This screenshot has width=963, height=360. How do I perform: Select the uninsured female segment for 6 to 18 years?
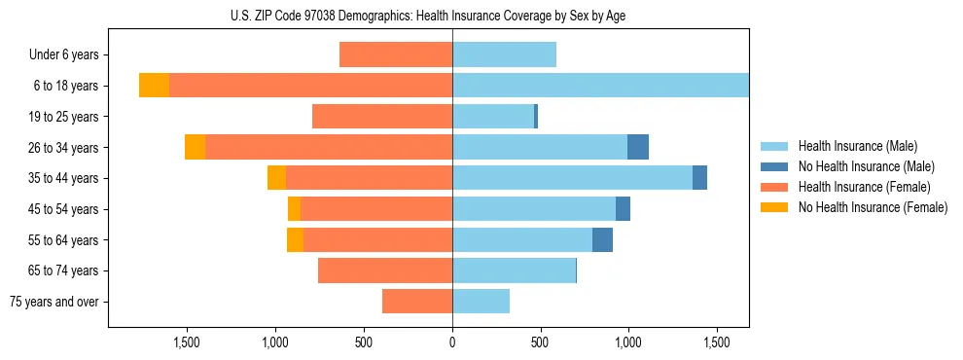[154, 86]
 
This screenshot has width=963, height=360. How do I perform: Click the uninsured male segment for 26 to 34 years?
[638, 147]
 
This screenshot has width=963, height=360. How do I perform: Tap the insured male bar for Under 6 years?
[504, 54]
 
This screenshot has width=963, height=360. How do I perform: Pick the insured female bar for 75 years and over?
[417, 302]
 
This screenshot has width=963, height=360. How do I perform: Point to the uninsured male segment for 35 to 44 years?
[699, 178]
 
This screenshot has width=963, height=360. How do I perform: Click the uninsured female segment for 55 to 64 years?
[295, 239]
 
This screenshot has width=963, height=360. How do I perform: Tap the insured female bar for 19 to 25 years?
[382, 117]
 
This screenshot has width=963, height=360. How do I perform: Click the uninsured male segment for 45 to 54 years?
[623, 209]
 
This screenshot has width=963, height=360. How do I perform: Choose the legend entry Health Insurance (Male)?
[857, 146]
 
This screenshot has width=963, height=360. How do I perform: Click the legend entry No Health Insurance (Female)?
[873, 207]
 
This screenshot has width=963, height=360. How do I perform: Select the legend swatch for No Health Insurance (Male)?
[775, 166]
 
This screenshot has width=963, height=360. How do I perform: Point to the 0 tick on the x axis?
[452, 342]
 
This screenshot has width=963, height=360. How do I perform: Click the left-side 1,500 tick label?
[187, 342]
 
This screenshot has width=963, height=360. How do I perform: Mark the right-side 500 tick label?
[540, 342]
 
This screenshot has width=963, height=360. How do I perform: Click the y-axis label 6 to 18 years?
[64, 86]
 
